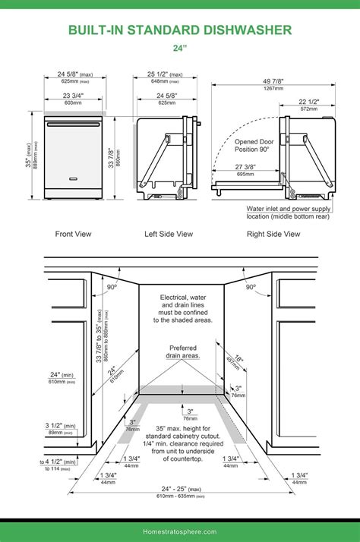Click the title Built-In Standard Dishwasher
coord(180,30)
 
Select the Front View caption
coord(73,234)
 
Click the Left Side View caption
coord(169,234)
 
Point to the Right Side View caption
coord(273,234)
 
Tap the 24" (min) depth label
coord(62,374)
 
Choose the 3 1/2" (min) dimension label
coord(61,426)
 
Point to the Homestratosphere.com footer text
coord(180,531)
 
